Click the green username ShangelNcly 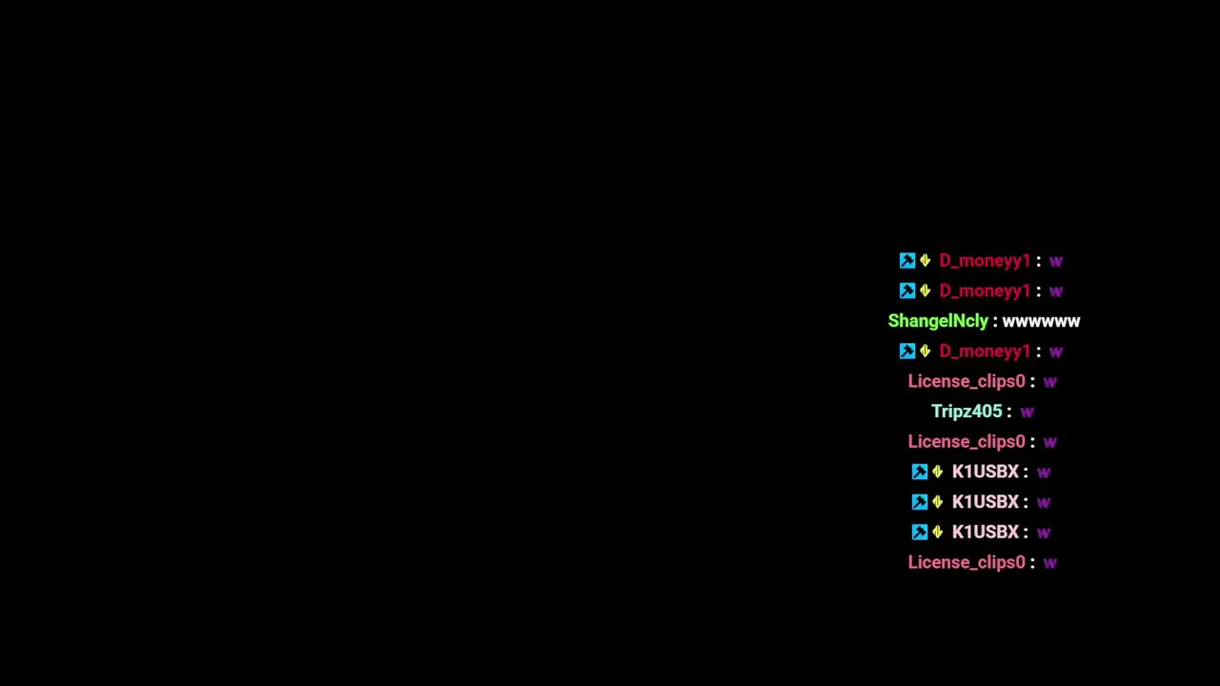(938, 321)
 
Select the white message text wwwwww (1041, 322)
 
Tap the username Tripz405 (966, 411)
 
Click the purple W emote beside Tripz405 (1027, 413)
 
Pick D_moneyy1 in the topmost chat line (985, 261)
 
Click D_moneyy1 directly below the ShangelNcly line (985, 352)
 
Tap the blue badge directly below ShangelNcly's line (907, 352)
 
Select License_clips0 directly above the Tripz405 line (966, 381)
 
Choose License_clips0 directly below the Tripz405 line (966, 441)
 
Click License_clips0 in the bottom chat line (966, 562)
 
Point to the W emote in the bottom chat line (1050, 563)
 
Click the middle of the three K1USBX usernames (986, 502)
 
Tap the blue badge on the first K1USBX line (920, 472)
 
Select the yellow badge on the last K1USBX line (937, 532)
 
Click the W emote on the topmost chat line (1056, 261)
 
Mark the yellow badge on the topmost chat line (925, 261)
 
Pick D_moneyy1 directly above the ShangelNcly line (985, 291)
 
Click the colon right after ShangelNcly (995, 322)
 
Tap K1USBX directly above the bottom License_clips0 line (986, 532)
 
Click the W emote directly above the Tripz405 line (1050, 382)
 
